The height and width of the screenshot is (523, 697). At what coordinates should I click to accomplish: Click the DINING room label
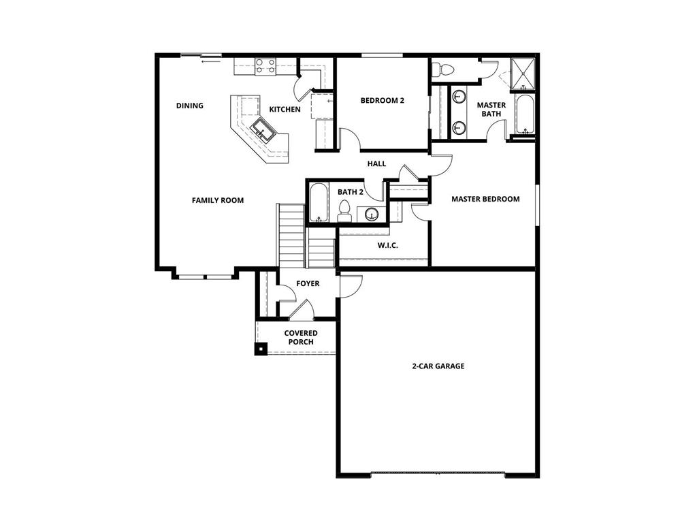(189, 106)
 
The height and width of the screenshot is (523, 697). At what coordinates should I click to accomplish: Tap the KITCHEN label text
(285, 110)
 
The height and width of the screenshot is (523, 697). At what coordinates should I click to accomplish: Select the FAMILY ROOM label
(217, 200)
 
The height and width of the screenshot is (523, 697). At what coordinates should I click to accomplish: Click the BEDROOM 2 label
(382, 100)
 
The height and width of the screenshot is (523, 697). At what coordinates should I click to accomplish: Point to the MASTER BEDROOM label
(485, 200)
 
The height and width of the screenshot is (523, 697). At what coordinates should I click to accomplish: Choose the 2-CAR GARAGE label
(438, 366)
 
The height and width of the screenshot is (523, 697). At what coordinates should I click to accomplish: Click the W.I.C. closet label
(387, 245)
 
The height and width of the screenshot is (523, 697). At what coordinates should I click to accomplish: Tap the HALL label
(376, 164)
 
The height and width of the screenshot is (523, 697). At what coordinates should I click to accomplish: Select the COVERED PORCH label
(301, 337)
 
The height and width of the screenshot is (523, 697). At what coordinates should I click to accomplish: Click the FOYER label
(308, 283)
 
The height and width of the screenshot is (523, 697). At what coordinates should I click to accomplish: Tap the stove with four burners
(265, 66)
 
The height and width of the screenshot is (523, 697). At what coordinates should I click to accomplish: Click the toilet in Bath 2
(344, 211)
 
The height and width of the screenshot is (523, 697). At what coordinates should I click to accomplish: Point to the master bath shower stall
(523, 74)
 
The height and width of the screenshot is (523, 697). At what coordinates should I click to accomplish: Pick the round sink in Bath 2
(372, 215)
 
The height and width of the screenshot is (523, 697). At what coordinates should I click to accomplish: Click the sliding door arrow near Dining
(210, 61)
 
